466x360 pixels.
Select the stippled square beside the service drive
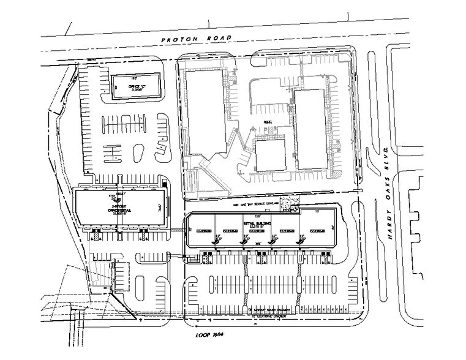click(x=289, y=203)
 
